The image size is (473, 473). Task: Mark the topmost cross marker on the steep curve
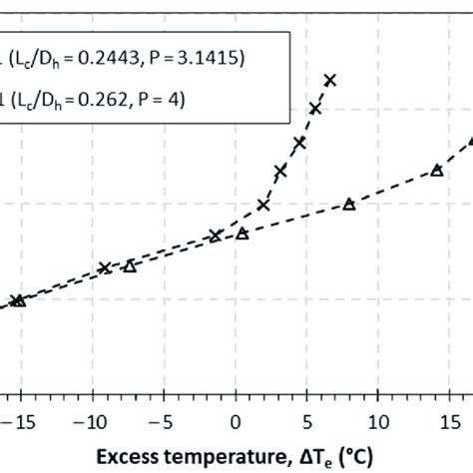pos(330,80)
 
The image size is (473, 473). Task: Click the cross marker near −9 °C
pos(105,267)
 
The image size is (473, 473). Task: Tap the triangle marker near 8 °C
pos(349,204)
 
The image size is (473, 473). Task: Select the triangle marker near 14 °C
pos(436,170)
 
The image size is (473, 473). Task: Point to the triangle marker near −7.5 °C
pos(129,265)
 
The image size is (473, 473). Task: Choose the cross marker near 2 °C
pos(263,205)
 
